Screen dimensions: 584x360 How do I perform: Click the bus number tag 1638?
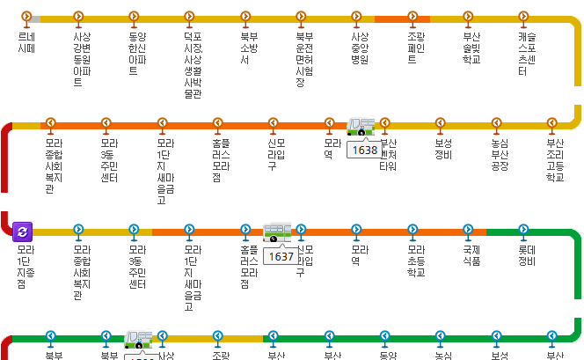coord(363,151)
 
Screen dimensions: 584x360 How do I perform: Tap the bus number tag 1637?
coord(281,257)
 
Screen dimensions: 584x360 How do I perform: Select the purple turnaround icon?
coord(23,231)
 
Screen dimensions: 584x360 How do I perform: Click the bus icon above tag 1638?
coord(361,128)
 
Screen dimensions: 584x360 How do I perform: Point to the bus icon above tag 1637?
coord(277,233)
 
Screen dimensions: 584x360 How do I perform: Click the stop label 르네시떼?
coord(26,43)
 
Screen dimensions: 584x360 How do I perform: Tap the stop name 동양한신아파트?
coord(134,54)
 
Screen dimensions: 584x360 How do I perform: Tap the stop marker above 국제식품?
coord(468,231)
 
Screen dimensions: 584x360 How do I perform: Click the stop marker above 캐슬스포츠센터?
coord(523,17)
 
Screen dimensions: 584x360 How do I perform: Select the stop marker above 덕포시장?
coord(189,17)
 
